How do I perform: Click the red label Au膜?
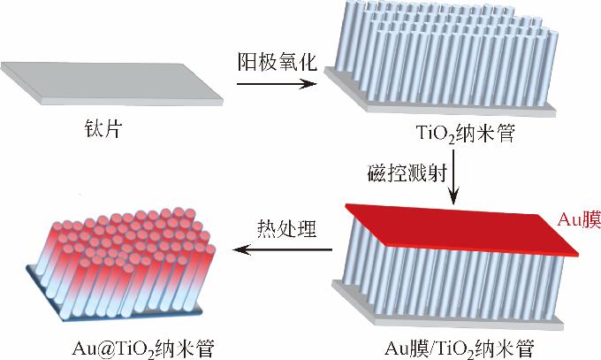[574, 219]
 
